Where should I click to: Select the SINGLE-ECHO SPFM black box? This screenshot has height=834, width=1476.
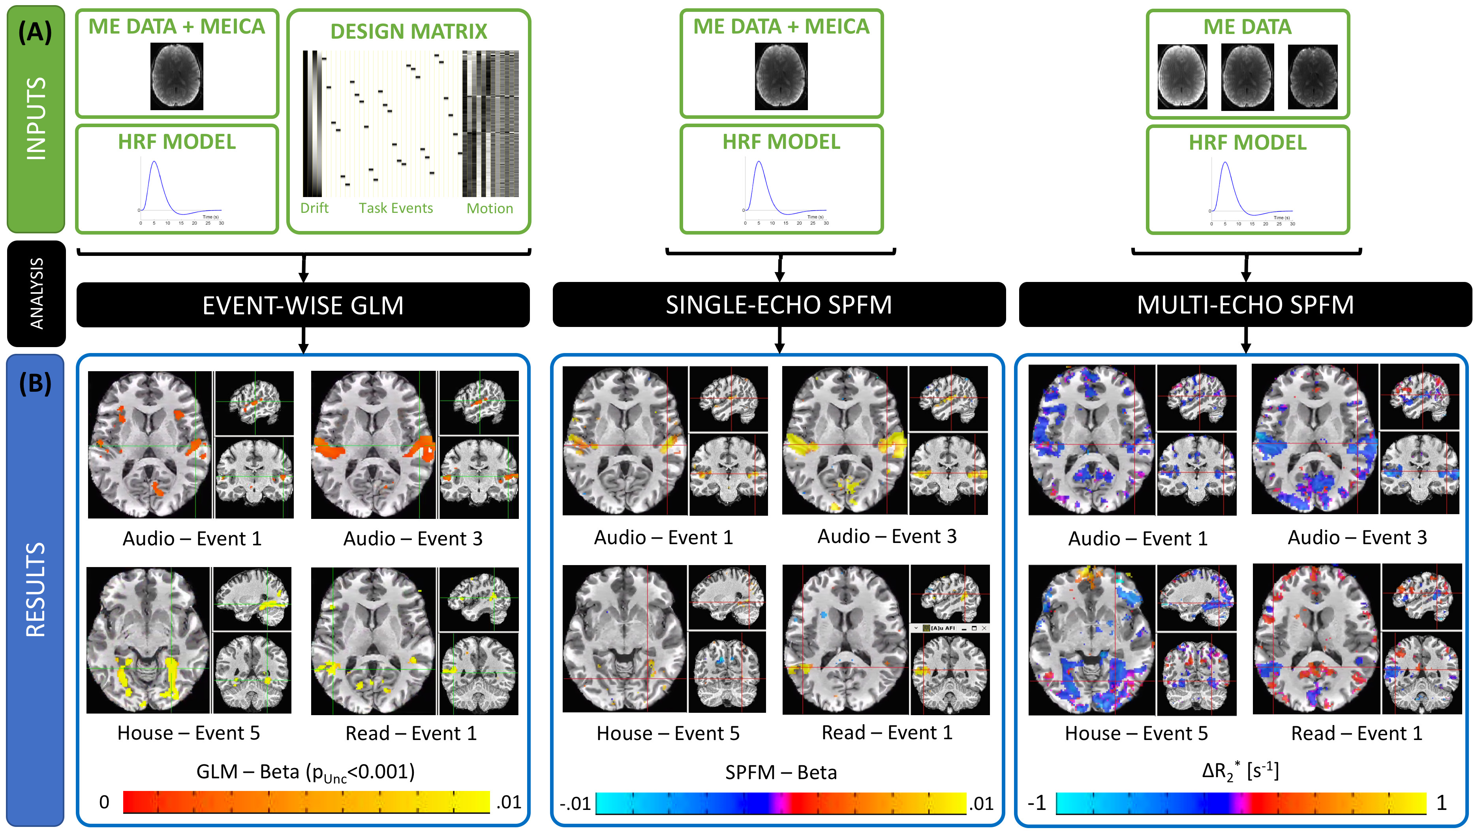[x=779, y=304]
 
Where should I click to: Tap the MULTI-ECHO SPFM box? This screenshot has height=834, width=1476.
[x=1245, y=304]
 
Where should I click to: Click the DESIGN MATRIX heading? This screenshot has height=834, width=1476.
[x=409, y=32]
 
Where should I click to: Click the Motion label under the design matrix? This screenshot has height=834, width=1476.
[x=489, y=208]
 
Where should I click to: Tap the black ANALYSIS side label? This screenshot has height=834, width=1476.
[x=36, y=293]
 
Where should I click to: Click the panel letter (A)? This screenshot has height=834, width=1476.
[x=35, y=32]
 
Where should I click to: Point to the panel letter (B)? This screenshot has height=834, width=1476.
[x=35, y=383]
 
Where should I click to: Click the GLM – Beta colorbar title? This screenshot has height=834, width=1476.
[x=305, y=772]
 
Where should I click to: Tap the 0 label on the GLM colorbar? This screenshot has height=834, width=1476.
[x=104, y=802]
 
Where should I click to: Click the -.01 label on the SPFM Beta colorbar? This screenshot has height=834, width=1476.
[x=575, y=804]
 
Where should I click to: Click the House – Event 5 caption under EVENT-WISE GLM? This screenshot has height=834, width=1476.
[x=188, y=733]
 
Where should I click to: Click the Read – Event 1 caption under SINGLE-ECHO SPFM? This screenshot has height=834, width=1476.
[x=887, y=733]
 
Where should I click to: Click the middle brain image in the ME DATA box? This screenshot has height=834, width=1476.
[x=1247, y=77]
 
